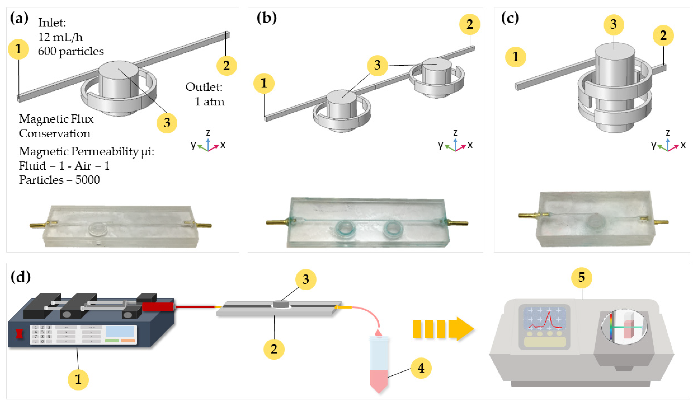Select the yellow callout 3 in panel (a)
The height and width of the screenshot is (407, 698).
point(167,123)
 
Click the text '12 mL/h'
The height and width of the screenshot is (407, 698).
point(60,37)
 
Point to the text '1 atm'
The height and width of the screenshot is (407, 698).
point(209,102)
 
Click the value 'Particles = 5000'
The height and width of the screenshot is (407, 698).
point(59,180)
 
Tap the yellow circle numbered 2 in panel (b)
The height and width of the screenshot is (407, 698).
point(469,24)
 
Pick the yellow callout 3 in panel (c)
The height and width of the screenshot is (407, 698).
point(614,24)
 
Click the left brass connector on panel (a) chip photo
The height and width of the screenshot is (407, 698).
point(39,225)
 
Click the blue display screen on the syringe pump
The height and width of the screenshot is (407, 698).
point(120,331)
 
